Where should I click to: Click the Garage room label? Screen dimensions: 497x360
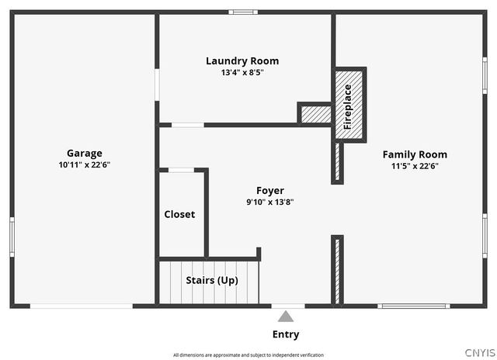85,154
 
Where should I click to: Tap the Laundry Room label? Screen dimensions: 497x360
242,61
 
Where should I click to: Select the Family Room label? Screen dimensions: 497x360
415,154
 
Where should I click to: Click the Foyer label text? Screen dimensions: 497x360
270,191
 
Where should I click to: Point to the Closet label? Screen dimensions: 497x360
179,214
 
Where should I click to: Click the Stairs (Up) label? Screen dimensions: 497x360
212,280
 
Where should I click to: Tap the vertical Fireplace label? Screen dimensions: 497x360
348,107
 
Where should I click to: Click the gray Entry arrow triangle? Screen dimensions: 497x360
286,317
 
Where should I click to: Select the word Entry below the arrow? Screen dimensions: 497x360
286,334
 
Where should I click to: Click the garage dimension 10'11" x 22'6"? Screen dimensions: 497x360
85,164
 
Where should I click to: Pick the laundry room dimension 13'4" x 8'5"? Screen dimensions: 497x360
242,72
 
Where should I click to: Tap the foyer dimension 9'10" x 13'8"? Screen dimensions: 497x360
270,202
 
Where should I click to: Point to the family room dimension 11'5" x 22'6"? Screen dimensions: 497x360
415,166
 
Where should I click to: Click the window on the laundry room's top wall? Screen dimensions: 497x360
243,12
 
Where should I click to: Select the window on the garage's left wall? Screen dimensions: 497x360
12,237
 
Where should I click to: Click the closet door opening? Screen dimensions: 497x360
181,170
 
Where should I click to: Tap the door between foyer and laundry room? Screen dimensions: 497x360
188,125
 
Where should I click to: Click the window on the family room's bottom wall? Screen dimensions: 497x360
414,306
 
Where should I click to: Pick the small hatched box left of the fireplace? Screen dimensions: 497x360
316,114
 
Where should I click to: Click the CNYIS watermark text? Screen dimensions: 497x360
480,353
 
